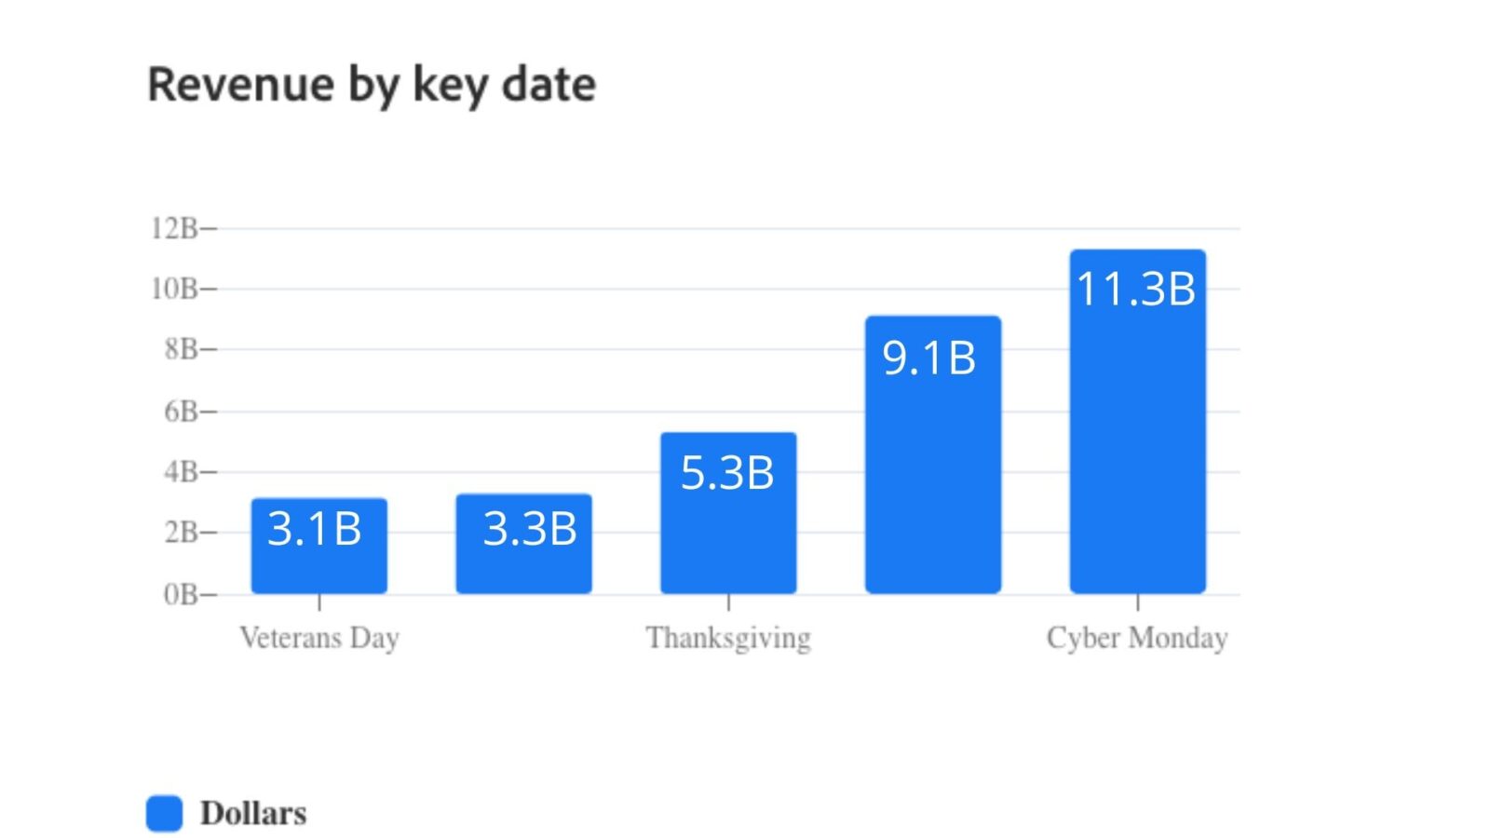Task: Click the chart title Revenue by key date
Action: tap(372, 86)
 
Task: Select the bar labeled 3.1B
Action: tap(318, 559)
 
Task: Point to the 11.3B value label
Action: tap(1136, 289)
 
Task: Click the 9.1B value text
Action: tap(929, 358)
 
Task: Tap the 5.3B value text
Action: tap(727, 473)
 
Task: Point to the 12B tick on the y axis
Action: tap(175, 228)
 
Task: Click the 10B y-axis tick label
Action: tap(175, 289)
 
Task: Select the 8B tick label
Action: tap(182, 350)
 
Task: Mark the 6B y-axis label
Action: tap(182, 412)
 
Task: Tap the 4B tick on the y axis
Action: tap(182, 472)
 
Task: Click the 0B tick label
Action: tap(182, 594)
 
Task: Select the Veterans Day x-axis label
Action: tap(319, 638)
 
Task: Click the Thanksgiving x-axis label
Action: tap(728, 639)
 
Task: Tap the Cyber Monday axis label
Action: tap(1137, 639)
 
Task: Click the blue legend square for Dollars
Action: tap(165, 813)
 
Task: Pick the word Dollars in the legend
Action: tap(253, 813)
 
